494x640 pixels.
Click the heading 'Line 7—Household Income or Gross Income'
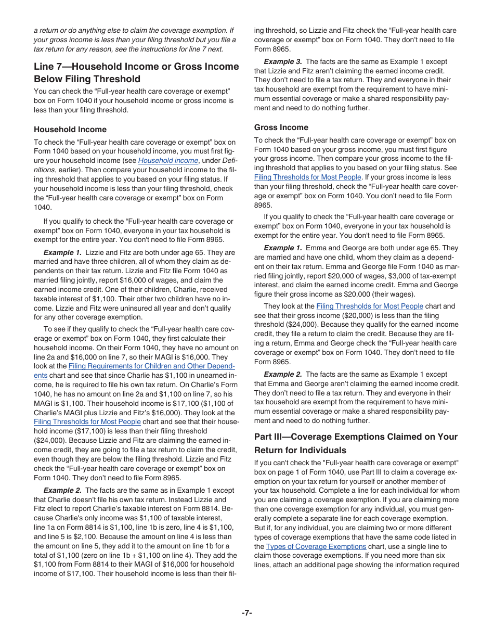[x=136, y=67]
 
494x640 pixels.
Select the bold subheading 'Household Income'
[x=70, y=130]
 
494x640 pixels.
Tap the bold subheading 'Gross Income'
[x=281, y=127]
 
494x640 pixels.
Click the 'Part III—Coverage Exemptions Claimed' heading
[x=356, y=437]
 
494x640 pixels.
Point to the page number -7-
[x=247, y=613]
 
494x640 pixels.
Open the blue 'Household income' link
[x=168, y=161]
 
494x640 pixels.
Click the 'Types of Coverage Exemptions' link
[x=316, y=547]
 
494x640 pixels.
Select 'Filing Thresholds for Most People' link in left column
[x=87, y=422]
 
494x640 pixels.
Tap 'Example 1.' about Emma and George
[x=283, y=248]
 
